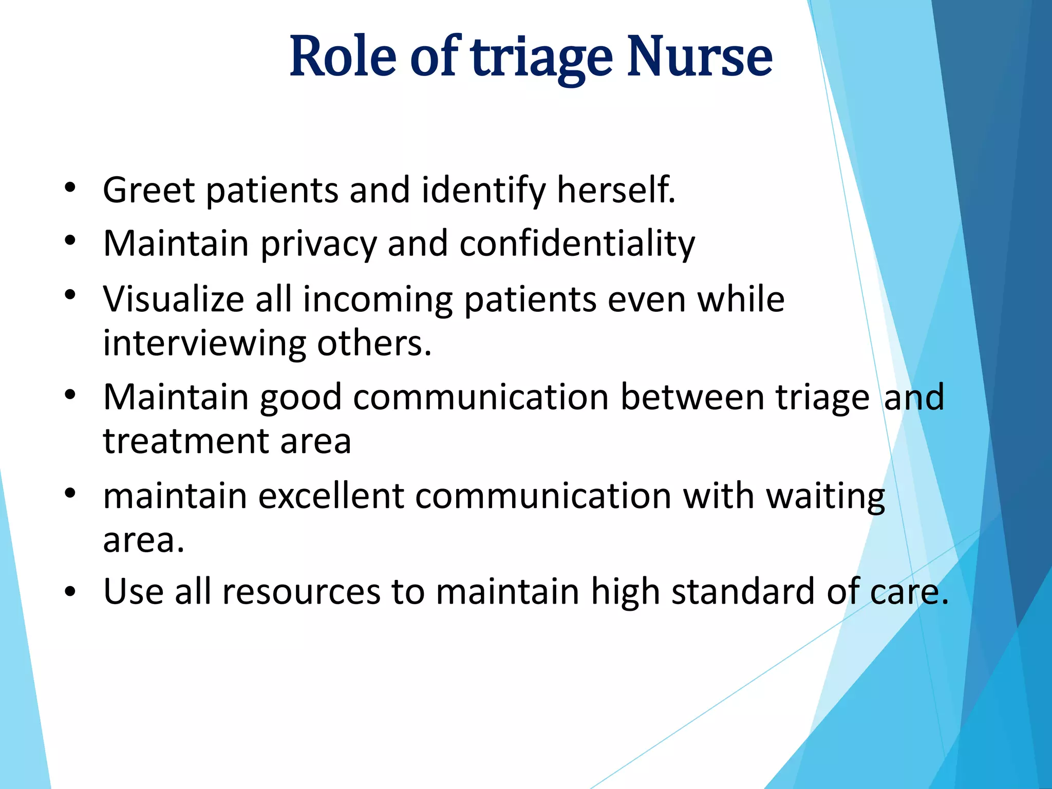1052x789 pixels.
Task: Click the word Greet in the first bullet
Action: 149,190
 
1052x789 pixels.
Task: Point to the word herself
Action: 616,190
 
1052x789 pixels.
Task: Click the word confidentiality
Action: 577,243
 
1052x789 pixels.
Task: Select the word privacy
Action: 318,245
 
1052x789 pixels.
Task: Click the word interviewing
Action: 204,343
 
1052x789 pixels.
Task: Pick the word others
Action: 374,343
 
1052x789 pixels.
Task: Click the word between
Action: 692,397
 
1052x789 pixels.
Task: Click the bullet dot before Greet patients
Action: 70,189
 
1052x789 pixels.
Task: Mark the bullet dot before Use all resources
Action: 70,591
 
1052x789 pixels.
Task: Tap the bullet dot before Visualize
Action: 70,295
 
